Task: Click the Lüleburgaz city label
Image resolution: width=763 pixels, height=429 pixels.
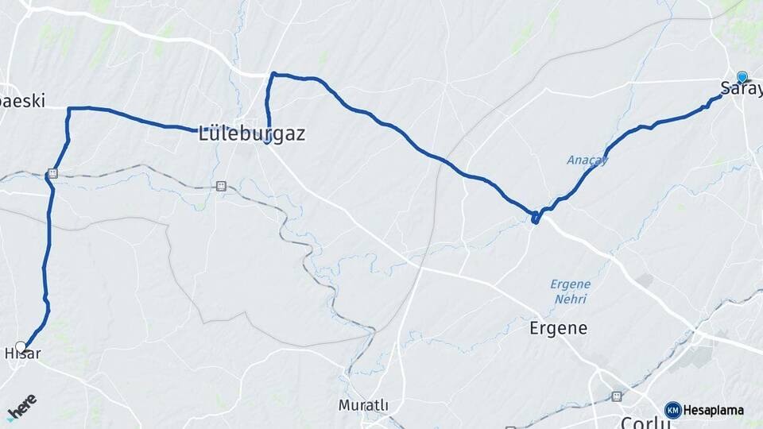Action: coord(252,133)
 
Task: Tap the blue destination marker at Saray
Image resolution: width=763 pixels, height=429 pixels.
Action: coord(742,77)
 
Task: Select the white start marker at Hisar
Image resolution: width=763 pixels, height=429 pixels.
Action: coord(21,346)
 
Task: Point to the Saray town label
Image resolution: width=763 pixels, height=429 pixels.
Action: coord(735,88)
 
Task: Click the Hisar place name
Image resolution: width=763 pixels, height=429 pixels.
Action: coord(22,354)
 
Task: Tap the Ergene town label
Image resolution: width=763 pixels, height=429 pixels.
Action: coord(559,327)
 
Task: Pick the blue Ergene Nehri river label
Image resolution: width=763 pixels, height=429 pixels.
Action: coord(570,292)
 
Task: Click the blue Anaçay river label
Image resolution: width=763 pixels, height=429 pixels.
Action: coord(587,160)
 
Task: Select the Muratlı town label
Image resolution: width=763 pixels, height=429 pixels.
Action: coord(363,405)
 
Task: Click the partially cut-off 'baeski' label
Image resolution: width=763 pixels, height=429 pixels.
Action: coord(22,101)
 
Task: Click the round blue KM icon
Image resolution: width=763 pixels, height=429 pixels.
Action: coord(672,410)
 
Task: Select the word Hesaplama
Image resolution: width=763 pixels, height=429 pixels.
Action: coord(714,411)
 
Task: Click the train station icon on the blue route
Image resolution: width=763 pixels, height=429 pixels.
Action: coord(52,173)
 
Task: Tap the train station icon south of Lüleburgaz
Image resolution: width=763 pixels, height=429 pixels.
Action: coord(220,187)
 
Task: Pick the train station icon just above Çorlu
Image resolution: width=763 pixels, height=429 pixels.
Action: coord(616,396)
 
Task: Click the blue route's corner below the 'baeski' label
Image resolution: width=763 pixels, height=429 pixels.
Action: coord(70,109)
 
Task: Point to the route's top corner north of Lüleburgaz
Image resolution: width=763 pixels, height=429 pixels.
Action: coord(273,75)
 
